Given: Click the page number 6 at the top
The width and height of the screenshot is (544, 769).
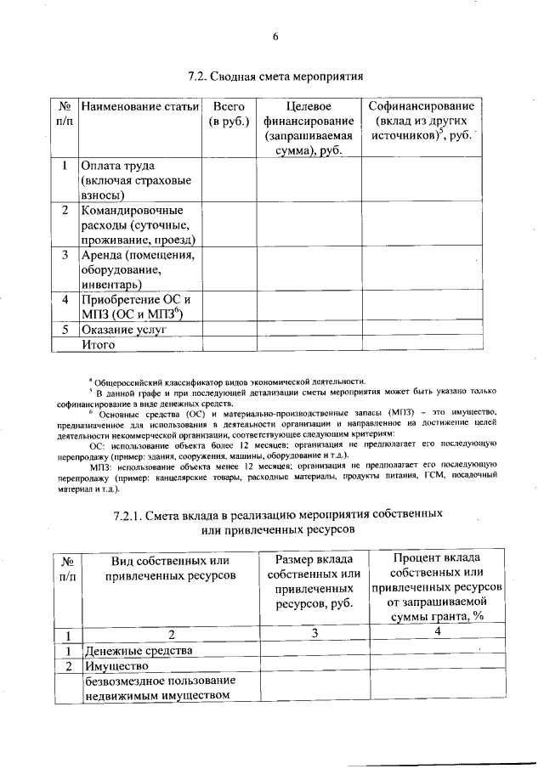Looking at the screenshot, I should click(x=275, y=37).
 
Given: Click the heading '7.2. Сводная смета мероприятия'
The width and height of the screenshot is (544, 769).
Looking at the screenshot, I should click(x=275, y=76).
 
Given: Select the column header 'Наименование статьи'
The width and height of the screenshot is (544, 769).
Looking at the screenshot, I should click(x=139, y=106).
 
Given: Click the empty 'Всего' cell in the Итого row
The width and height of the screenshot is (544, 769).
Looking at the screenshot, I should click(x=228, y=344).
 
